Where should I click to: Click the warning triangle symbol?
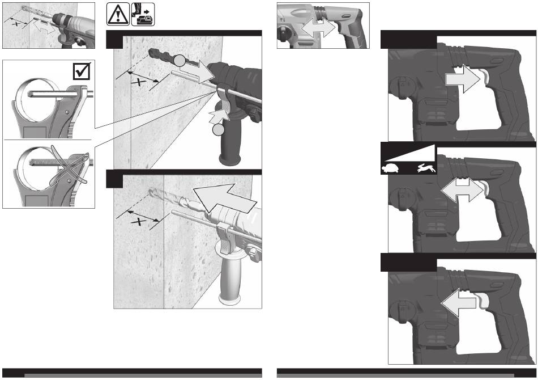click(118, 14)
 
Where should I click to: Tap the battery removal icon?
click(143, 14)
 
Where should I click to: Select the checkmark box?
click(82, 71)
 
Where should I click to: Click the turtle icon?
click(390, 168)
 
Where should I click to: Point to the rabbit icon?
click(426, 168)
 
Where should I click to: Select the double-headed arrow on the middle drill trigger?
click(463, 189)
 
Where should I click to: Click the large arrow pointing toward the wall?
click(224, 199)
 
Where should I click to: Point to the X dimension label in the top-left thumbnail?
click(15, 24)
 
